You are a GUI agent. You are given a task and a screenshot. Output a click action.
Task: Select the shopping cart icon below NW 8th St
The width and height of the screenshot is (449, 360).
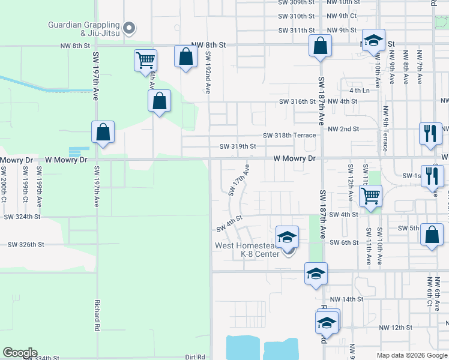pos(145,61)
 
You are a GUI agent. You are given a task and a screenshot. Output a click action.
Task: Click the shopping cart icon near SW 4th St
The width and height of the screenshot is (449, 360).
pos(371,195)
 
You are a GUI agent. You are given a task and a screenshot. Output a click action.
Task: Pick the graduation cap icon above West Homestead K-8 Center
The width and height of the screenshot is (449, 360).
pos(288,236)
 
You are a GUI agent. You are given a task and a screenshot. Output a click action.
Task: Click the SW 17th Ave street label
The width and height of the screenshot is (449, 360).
pos(238,179)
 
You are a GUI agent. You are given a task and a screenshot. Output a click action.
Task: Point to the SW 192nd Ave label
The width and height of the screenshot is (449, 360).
pos(208,72)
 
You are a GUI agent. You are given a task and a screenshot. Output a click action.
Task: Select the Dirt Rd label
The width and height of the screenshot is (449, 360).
pos(195,356)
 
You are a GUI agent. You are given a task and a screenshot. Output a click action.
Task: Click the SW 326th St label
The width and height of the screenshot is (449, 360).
pos(26,245)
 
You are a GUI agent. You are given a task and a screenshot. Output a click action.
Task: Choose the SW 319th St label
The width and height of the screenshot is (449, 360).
pos(238,146)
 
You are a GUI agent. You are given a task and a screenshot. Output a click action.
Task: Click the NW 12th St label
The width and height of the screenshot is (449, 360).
pos(396,328)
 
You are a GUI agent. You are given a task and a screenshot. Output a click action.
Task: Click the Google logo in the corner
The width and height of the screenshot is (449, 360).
pos(20,353)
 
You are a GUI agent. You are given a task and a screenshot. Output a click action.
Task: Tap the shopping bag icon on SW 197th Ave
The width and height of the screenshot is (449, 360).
pos(103,133)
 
